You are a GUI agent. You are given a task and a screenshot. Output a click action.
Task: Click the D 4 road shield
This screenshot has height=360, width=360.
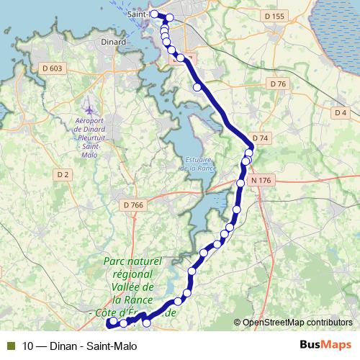(x=341, y=113)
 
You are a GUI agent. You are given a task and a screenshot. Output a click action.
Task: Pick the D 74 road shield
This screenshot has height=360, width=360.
(x=261, y=138)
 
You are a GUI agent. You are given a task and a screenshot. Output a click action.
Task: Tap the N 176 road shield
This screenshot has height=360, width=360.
(x=264, y=180)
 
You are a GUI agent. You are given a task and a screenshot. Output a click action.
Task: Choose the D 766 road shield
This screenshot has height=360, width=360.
(x=134, y=205)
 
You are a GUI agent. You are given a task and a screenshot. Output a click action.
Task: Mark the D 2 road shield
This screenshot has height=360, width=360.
(x=63, y=174)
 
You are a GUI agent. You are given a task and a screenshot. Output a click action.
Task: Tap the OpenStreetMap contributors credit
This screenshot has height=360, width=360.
(x=297, y=322)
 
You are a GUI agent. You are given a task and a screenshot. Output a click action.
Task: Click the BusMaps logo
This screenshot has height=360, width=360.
(x=325, y=345)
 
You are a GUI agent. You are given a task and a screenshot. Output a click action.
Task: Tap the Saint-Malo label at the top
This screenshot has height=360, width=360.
(x=141, y=14)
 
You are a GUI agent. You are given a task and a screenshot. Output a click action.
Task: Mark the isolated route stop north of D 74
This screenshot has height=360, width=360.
(x=197, y=87)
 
